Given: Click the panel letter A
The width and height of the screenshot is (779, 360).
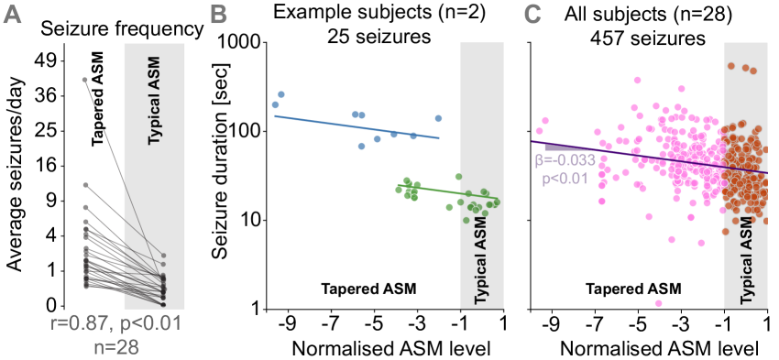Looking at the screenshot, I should (13, 16).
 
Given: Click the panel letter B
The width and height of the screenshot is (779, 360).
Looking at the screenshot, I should (218, 16).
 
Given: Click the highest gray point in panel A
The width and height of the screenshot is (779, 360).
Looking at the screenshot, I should (85, 80).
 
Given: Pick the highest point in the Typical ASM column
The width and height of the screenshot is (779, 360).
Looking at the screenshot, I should (164, 256).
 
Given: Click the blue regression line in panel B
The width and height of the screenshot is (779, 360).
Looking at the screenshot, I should (357, 127).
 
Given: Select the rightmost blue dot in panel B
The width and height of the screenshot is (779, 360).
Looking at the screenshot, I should (439, 118).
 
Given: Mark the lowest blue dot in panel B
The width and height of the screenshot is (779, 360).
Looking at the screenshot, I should (362, 146).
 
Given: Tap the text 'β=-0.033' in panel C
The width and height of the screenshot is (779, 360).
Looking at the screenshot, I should (565, 159).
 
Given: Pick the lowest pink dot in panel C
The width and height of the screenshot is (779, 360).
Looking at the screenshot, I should (658, 302).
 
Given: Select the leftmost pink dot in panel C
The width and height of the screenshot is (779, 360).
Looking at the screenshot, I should (545, 120).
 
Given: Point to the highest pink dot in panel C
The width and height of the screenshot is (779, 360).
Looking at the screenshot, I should (681, 88).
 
